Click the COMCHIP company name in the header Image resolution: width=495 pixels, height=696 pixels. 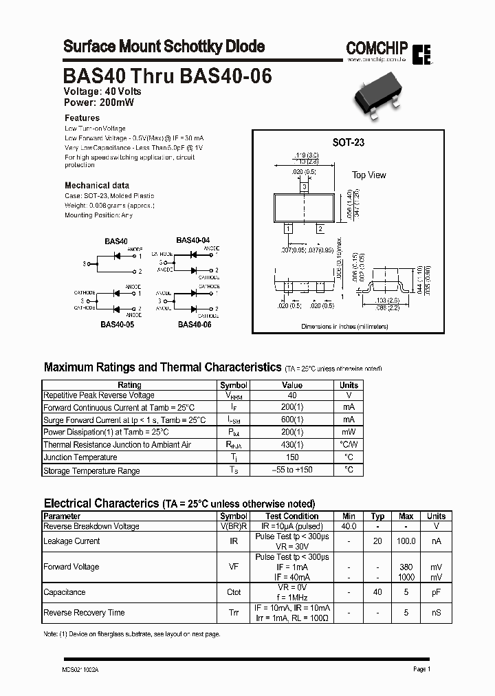377,47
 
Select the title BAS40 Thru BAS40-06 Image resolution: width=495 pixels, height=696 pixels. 167,76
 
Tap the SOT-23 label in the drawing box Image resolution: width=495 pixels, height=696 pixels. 348,142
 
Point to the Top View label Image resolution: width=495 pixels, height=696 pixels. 369,175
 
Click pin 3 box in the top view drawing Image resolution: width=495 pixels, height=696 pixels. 304,187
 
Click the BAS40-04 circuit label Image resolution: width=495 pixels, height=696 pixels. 192,240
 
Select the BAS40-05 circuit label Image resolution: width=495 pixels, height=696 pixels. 117,324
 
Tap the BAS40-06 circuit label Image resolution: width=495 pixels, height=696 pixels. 195,324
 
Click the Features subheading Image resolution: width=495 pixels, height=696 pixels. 82,118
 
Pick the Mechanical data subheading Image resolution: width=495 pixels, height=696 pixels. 97,185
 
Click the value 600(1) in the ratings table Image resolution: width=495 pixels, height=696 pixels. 292,420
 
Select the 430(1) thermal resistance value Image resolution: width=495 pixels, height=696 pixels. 292,445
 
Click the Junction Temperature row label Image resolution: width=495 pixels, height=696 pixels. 80,457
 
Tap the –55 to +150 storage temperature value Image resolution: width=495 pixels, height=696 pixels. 292,470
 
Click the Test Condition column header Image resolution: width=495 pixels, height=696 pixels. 292,516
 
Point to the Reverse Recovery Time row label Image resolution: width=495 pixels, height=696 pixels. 84,612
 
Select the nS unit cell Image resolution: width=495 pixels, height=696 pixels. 436,612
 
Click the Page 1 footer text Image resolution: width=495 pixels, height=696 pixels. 421,669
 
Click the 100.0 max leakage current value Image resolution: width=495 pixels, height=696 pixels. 406,541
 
